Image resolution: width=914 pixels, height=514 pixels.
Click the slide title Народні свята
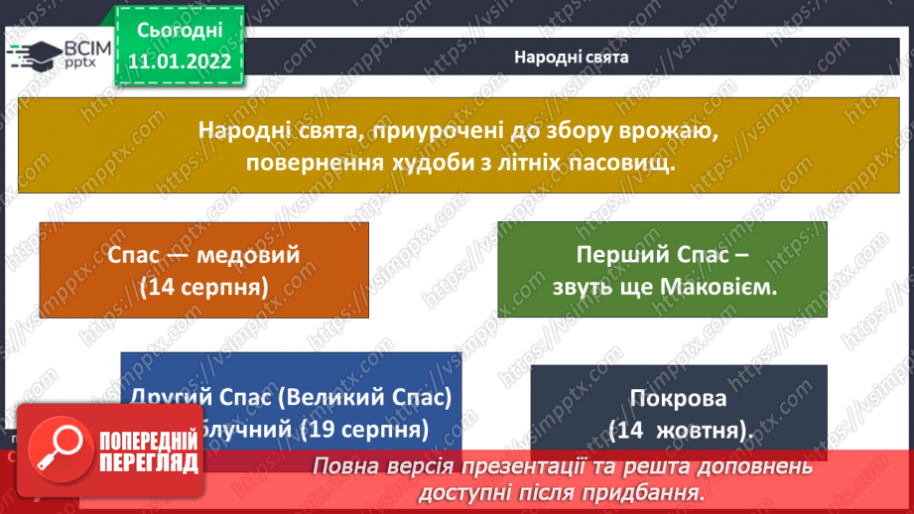tap(571, 57)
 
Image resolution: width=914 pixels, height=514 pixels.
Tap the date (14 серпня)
tap(203, 287)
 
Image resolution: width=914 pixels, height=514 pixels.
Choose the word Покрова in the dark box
tap(678, 399)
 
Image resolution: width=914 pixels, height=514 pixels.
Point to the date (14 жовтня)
tap(678, 431)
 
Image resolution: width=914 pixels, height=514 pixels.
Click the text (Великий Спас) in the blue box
tap(364, 397)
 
